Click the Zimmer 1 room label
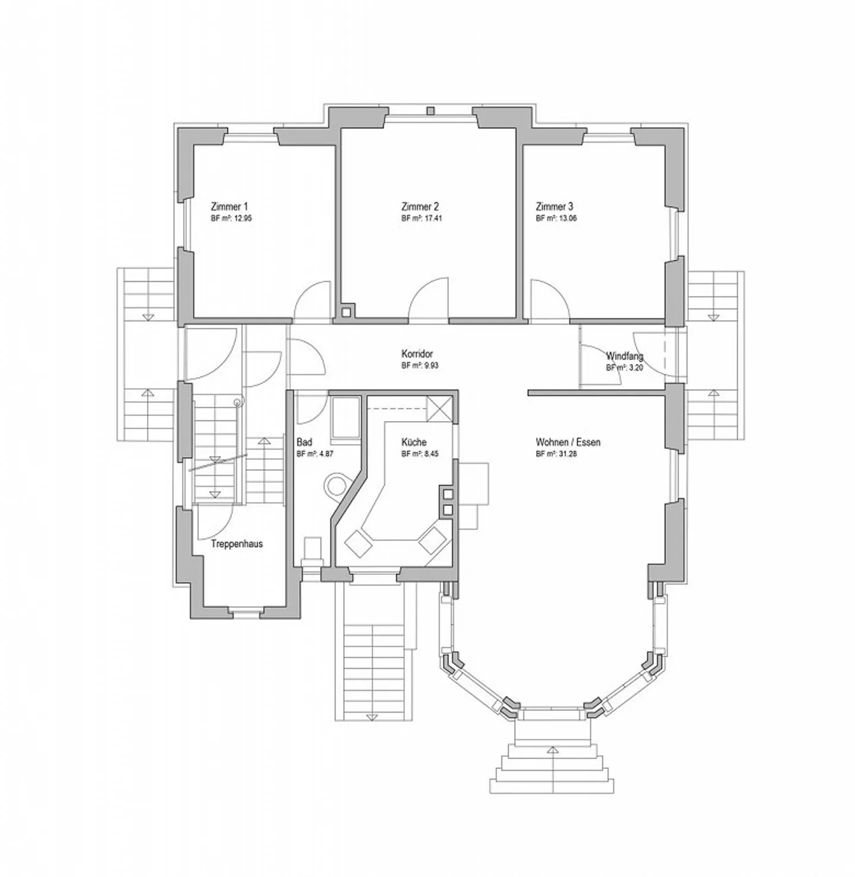coord(229,207)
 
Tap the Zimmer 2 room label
coord(420,207)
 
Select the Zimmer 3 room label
coord(555,207)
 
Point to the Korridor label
coord(417,354)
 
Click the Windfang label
coord(624,356)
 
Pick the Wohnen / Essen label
coord(568,442)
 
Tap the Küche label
coord(414,442)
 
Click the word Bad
coord(304,442)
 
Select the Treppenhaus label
coord(237,544)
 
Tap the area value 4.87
coord(325,454)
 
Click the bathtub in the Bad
coord(346,417)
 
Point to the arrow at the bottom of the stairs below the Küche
coord(372,717)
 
